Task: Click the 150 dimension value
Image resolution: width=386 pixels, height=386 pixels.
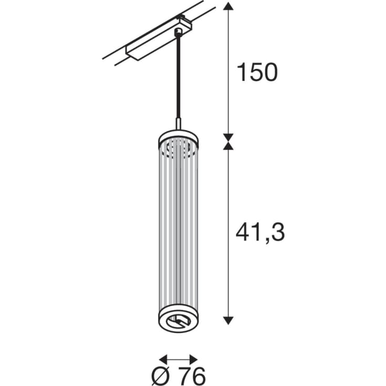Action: (x=257, y=72)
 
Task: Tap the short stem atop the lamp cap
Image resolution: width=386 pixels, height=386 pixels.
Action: (x=179, y=124)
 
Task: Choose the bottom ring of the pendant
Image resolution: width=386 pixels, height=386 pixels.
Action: (x=179, y=324)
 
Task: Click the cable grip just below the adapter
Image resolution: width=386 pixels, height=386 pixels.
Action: (x=179, y=33)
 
